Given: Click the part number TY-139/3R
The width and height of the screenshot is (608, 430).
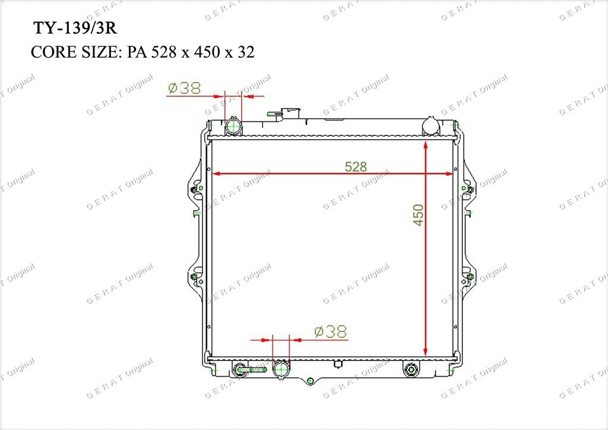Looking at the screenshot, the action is click(75, 29).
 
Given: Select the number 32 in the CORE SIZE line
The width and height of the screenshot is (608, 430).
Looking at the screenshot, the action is click(246, 52).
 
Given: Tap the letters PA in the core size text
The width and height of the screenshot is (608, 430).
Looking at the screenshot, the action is click(137, 52).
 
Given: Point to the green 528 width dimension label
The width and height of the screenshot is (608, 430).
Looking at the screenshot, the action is click(356, 167).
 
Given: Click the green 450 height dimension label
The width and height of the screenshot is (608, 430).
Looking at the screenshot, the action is click(419, 215).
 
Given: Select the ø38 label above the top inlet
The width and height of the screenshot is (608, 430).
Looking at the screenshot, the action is click(185, 88).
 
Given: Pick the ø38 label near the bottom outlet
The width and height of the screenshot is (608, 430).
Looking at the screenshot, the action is click(331, 331).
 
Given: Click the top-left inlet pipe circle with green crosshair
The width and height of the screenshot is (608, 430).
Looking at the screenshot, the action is click(233, 126).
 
